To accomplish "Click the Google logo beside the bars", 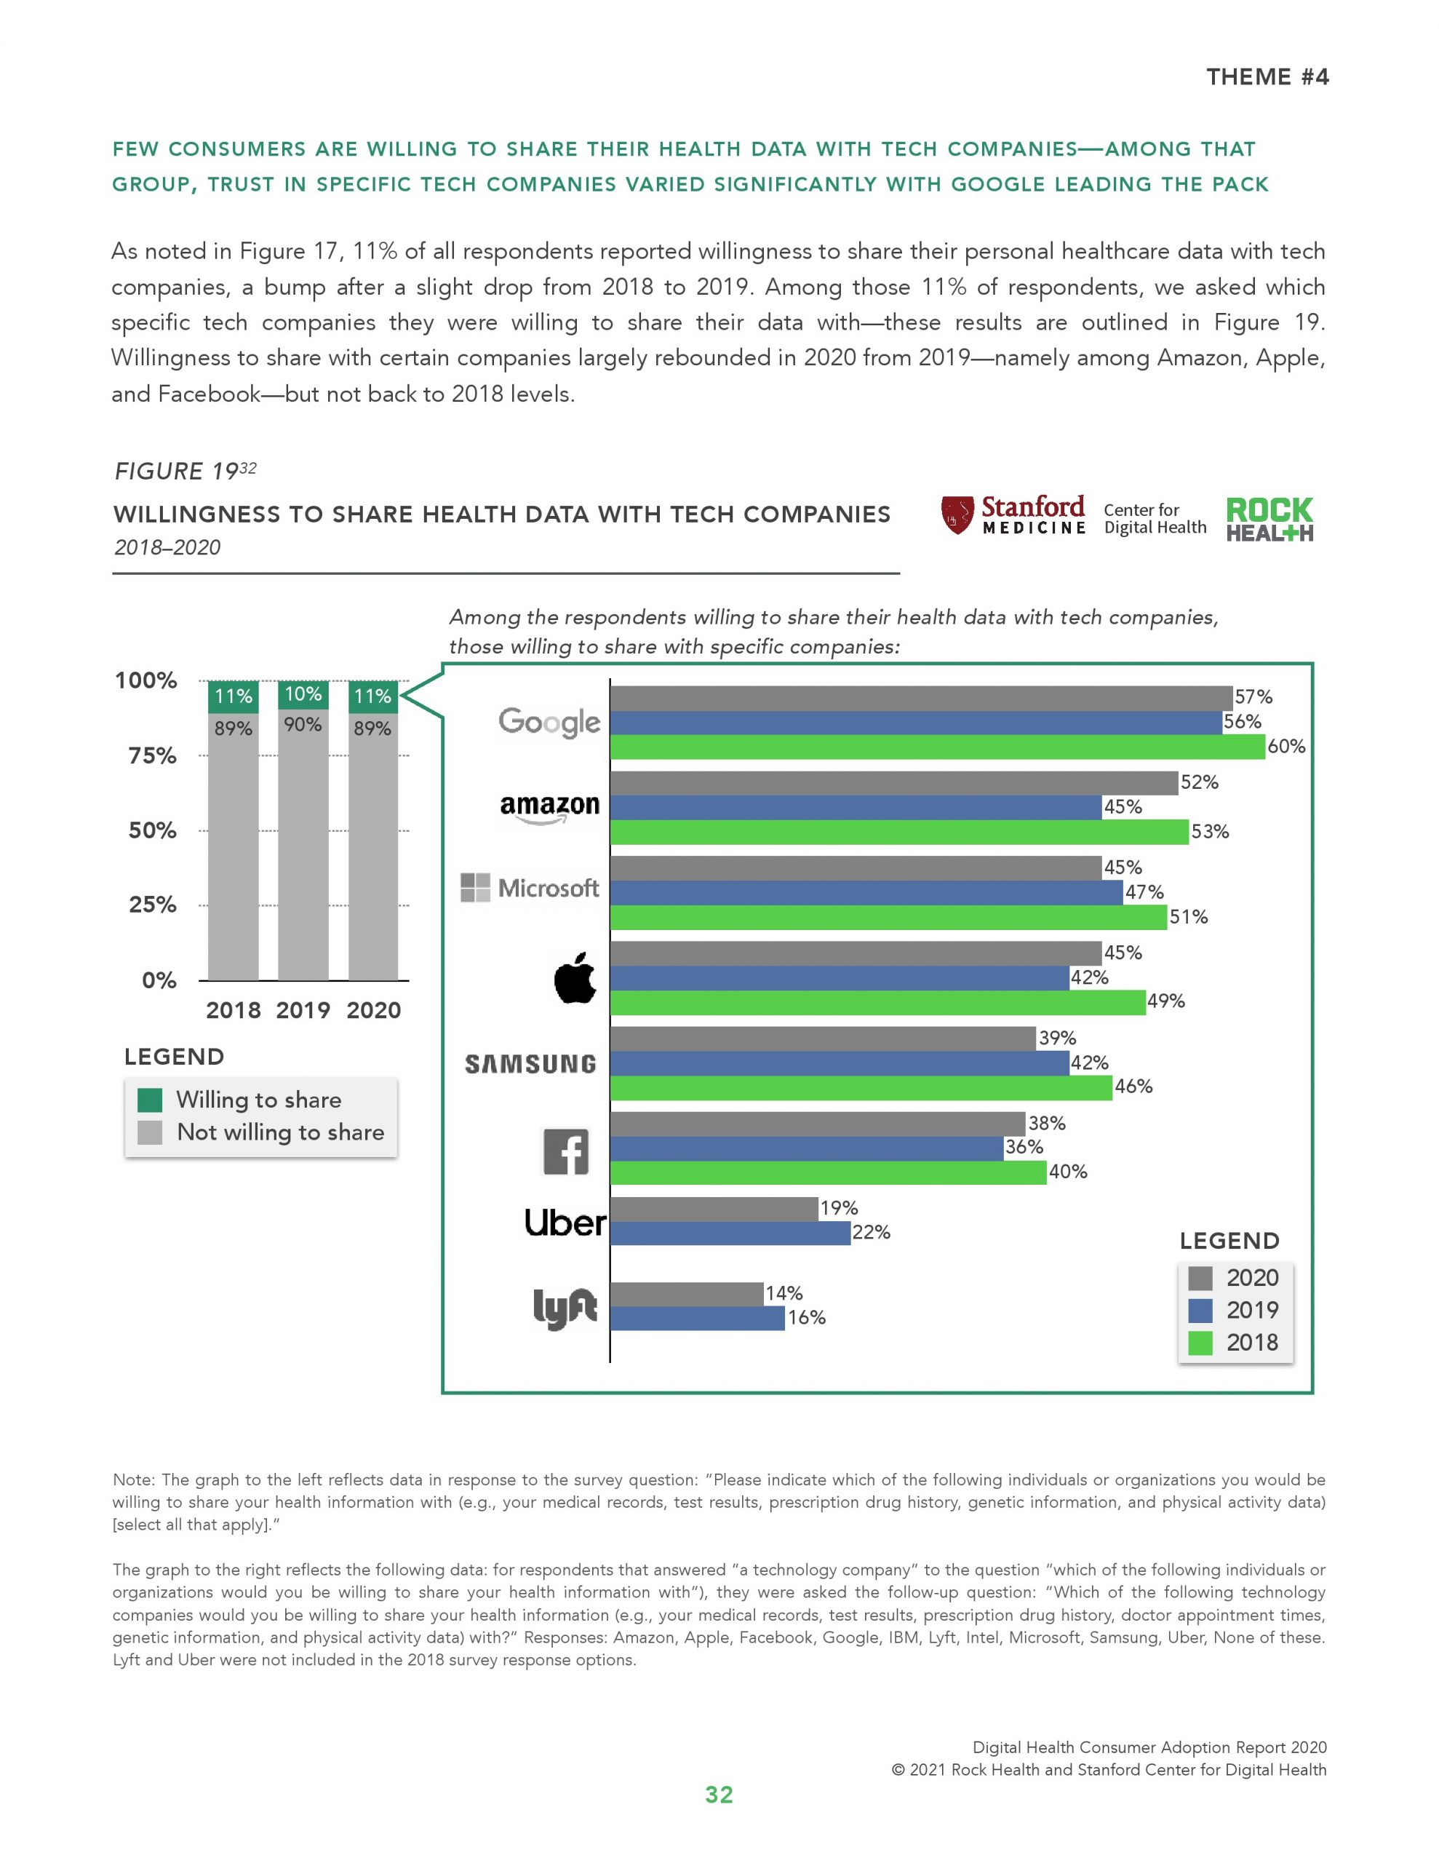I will (549, 723).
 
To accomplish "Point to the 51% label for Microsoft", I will (1188, 917).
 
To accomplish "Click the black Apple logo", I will (574, 977).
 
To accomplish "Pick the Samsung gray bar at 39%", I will (822, 1038).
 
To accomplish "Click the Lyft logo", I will (565, 1308).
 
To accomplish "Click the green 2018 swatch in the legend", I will (1200, 1343).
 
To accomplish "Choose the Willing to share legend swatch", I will (150, 1100).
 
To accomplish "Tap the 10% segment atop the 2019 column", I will (303, 694).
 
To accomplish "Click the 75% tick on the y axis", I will (153, 756).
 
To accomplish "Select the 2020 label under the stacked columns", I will (374, 1010).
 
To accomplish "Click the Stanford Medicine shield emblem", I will (957, 515).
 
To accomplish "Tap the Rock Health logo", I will (1269, 519).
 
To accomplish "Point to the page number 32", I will (719, 1795).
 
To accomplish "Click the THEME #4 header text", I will (1267, 76).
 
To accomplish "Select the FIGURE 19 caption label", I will (177, 471).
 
